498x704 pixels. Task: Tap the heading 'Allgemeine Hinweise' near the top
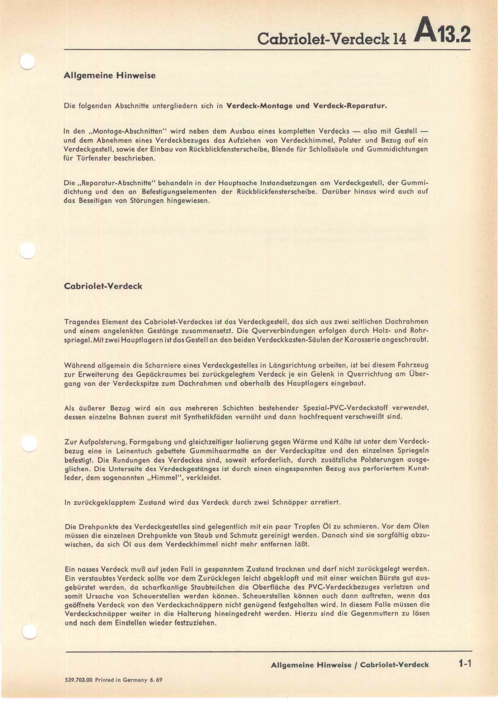pyautogui.click(x=109, y=76)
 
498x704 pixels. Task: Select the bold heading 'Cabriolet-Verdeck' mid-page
pyautogui.click(x=103, y=286)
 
